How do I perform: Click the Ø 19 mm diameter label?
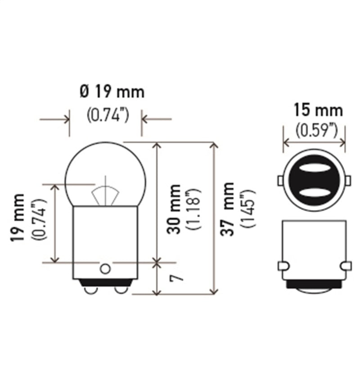click(x=112, y=92)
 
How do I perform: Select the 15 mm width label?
click(x=318, y=110)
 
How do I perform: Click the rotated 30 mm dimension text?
click(x=174, y=209)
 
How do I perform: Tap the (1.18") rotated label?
click(x=194, y=209)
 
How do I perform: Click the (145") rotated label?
click(x=248, y=209)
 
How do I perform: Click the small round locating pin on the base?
click(x=105, y=268)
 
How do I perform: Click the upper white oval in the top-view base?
click(x=314, y=168)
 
